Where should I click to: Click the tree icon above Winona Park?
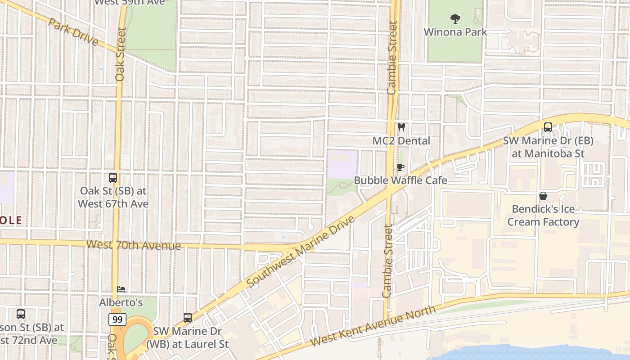(455, 19)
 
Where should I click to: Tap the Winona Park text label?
(455, 32)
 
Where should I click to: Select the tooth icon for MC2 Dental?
(401, 127)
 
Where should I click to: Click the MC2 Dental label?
(401, 141)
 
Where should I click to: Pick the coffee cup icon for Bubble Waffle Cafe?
(400, 167)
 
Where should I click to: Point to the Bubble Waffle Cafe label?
(400, 180)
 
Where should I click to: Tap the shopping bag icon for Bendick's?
(543, 196)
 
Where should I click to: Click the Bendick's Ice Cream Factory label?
(543, 216)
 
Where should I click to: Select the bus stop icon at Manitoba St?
(548, 127)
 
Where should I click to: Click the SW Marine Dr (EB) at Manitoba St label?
(548, 147)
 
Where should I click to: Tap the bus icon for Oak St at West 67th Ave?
(113, 178)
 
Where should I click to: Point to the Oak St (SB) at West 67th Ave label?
(113, 197)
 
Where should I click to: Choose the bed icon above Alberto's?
(121, 289)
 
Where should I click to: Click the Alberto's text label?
(121, 303)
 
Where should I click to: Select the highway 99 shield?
(117, 320)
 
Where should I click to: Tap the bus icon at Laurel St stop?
(188, 318)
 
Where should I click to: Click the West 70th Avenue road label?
(133, 245)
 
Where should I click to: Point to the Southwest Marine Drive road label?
(300, 251)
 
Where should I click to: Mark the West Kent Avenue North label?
(373, 327)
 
